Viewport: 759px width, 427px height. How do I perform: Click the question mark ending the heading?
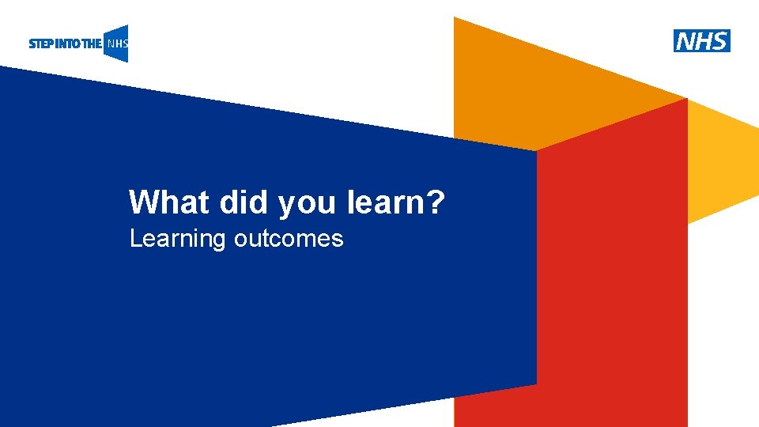pyautogui.click(x=435, y=202)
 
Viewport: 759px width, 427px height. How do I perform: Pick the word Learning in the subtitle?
pyautogui.click(x=178, y=239)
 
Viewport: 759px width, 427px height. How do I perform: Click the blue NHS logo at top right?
pyautogui.click(x=701, y=40)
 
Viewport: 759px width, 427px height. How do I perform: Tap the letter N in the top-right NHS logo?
pyautogui.click(x=685, y=40)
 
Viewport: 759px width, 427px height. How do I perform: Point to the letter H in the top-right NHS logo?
pyautogui.click(x=702, y=40)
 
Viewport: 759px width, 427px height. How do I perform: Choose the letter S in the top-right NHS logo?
pyautogui.click(x=719, y=40)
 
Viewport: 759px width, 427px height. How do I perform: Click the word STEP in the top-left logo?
pyautogui.click(x=40, y=44)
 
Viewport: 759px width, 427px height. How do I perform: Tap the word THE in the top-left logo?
pyautogui.click(x=91, y=44)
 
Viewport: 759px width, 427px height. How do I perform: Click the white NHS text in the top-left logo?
pyautogui.click(x=117, y=44)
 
